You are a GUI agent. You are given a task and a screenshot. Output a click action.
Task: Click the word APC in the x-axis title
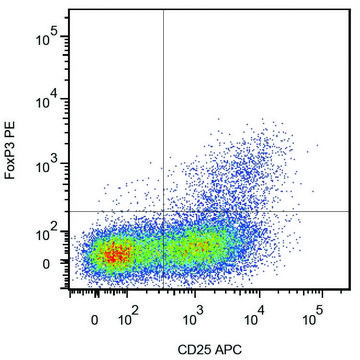tap(225, 348)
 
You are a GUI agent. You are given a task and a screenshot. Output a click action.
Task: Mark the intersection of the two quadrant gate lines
tap(163, 211)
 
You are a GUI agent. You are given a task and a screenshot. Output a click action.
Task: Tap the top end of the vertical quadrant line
tap(163, 11)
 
